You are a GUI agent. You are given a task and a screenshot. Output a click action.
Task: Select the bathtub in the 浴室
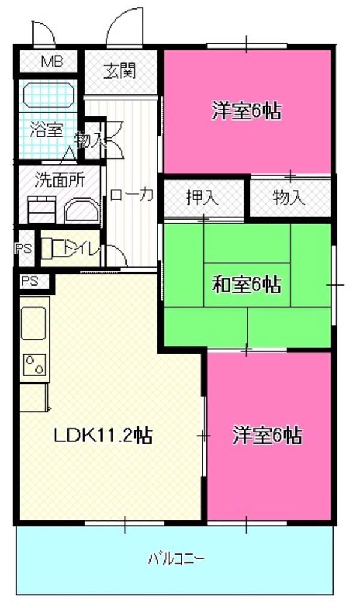click(x=48, y=95)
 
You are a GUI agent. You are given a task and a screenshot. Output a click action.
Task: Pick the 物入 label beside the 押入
click(x=289, y=197)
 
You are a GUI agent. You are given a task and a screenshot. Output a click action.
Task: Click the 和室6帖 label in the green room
click(x=247, y=284)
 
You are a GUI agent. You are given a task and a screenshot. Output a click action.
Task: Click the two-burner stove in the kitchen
click(x=34, y=366)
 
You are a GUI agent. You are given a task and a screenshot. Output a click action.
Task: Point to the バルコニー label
click(x=176, y=559)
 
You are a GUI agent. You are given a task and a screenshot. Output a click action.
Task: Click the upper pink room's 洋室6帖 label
click(x=247, y=111)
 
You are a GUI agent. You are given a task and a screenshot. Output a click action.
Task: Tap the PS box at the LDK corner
click(x=30, y=280)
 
